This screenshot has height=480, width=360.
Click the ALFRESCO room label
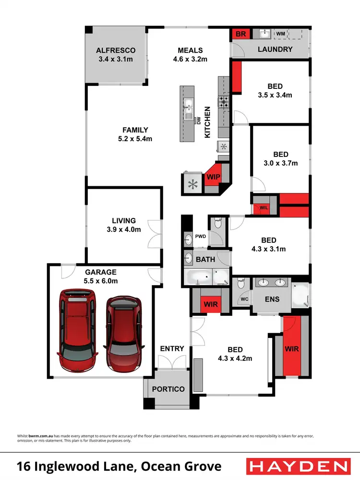click(x=115, y=50)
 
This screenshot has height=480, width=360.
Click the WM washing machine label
click(x=281, y=34)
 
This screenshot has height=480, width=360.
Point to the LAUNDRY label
click(x=275, y=49)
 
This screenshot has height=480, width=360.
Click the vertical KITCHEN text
click(x=208, y=122)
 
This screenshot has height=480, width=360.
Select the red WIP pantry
click(x=213, y=177)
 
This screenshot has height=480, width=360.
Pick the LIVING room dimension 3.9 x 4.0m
click(x=124, y=229)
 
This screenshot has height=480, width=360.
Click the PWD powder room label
click(x=200, y=237)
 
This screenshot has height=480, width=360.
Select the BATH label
click(x=206, y=260)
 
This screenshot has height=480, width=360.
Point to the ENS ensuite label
click(x=271, y=298)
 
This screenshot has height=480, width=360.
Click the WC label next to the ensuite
click(x=244, y=299)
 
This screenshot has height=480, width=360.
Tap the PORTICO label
click(x=168, y=389)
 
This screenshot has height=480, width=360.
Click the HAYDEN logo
click(x=297, y=466)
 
